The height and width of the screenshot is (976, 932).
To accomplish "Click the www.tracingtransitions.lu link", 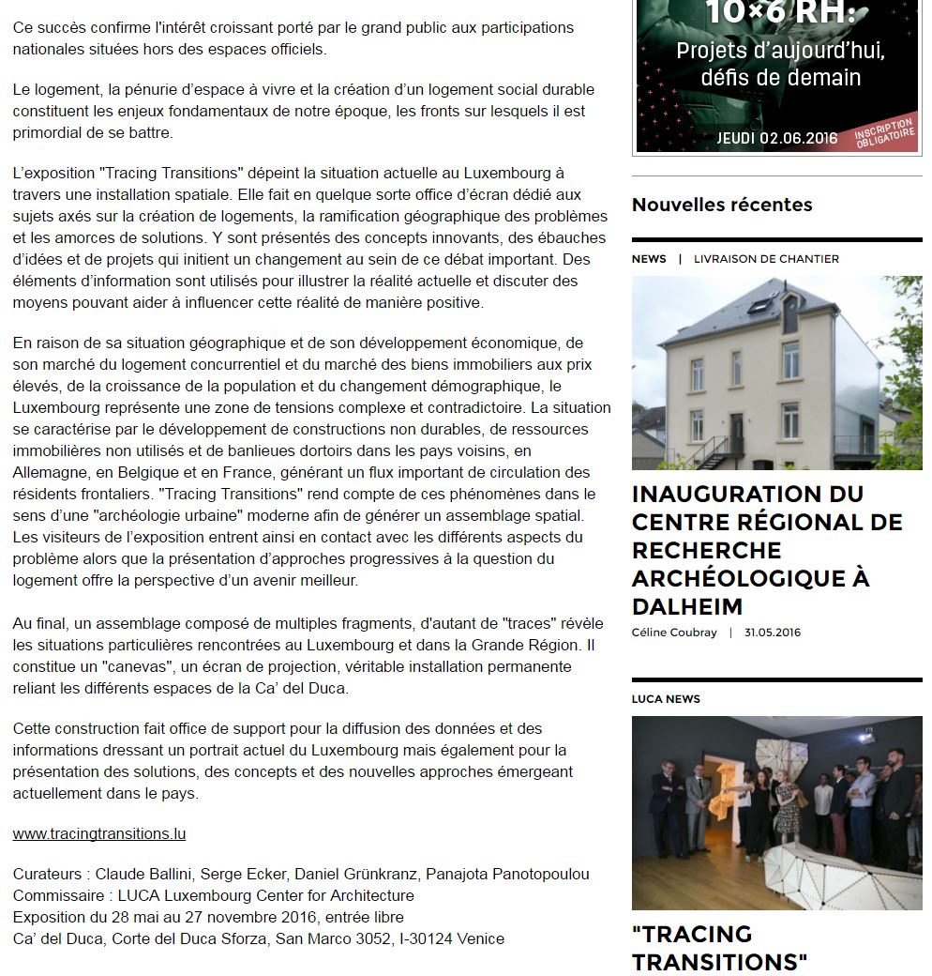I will (98, 833).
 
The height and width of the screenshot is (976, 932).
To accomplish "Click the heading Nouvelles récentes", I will (722, 205).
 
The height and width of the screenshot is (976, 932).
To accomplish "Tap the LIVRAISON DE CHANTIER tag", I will (766, 259).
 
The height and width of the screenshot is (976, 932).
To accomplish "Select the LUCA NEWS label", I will (666, 699).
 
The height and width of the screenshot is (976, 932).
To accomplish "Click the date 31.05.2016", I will (773, 633).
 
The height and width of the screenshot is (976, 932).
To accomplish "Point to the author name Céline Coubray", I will (675, 633).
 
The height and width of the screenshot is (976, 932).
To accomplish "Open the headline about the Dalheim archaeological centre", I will (767, 549).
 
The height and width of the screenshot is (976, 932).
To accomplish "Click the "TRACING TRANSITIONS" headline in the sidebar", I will (719, 948).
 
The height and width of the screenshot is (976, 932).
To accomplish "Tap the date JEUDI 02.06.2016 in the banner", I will (777, 138).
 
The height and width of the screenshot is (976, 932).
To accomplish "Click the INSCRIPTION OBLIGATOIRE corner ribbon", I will (884, 134).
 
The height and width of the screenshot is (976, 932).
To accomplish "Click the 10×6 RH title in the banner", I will (781, 13).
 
